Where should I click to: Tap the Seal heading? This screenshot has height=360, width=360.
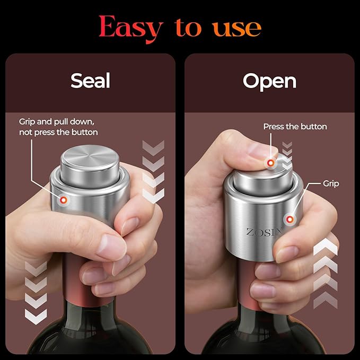tap(90, 81)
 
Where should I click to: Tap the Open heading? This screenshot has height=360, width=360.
tap(269, 81)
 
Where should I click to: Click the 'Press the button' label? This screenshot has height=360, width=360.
tap(295, 126)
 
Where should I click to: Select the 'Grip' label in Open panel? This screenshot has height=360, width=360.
tap(331, 183)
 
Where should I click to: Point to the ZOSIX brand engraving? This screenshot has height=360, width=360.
tap(265, 232)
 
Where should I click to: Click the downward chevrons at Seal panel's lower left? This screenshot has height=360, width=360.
tap(36, 292)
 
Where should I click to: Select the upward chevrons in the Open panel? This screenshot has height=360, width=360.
tap(324, 273)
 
